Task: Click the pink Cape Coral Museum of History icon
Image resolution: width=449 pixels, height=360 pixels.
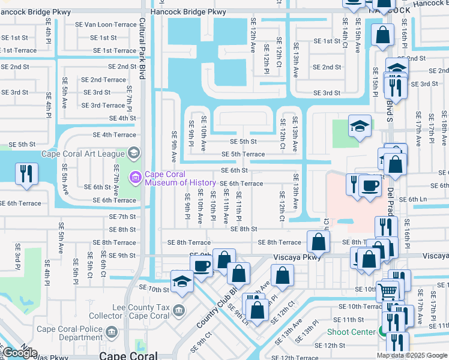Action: point(135,178)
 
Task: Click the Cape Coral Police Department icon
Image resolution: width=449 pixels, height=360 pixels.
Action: point(110,332)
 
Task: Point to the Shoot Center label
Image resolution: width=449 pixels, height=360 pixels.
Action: point(351,332)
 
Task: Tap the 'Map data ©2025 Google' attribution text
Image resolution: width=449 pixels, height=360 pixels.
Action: point(412,355)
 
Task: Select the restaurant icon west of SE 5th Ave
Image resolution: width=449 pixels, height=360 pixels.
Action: point(26,173)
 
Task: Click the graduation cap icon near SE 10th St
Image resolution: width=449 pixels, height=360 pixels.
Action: point(182,280)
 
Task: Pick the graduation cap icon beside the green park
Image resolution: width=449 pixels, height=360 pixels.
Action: point(359,126)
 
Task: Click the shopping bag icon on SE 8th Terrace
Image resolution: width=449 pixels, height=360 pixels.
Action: point(319,242)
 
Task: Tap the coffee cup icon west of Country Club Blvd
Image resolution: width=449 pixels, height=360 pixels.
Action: point(201,264)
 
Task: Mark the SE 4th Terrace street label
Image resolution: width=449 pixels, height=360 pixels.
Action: point(114,135)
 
